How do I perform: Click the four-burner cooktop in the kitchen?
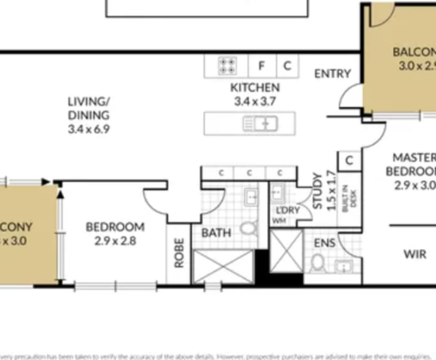[227, 66]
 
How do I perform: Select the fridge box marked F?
[261, 66]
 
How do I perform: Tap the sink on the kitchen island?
[260, 124]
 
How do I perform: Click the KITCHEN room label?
[255, 87]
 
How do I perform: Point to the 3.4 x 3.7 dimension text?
[255, 101]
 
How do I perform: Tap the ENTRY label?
[332, 74]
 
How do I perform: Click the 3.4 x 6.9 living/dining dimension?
[88, 128]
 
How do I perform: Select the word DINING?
[88, 115]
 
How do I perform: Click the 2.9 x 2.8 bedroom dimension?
[115, 241]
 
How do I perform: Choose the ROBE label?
[179, 253]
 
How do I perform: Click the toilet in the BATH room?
[247, 228]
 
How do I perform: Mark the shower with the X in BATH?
[224, 266]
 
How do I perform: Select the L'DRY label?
[288, 211]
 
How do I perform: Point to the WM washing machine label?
[279, 221]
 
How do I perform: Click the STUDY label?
[318, 191]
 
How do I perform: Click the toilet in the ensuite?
[318, 262]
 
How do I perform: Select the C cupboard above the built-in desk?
[350, 161]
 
